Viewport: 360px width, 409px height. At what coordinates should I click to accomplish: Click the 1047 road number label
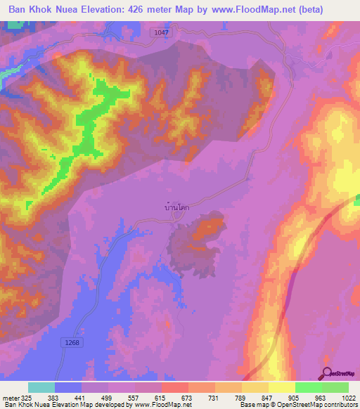click(161, 32)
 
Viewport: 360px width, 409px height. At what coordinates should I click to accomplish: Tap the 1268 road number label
click(69, 342)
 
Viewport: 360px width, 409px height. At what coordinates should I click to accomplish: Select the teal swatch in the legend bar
click(41, 387)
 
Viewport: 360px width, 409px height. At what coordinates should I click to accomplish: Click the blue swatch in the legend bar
click(68, 387)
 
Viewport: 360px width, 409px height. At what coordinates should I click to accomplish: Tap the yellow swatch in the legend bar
click(281, 387)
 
